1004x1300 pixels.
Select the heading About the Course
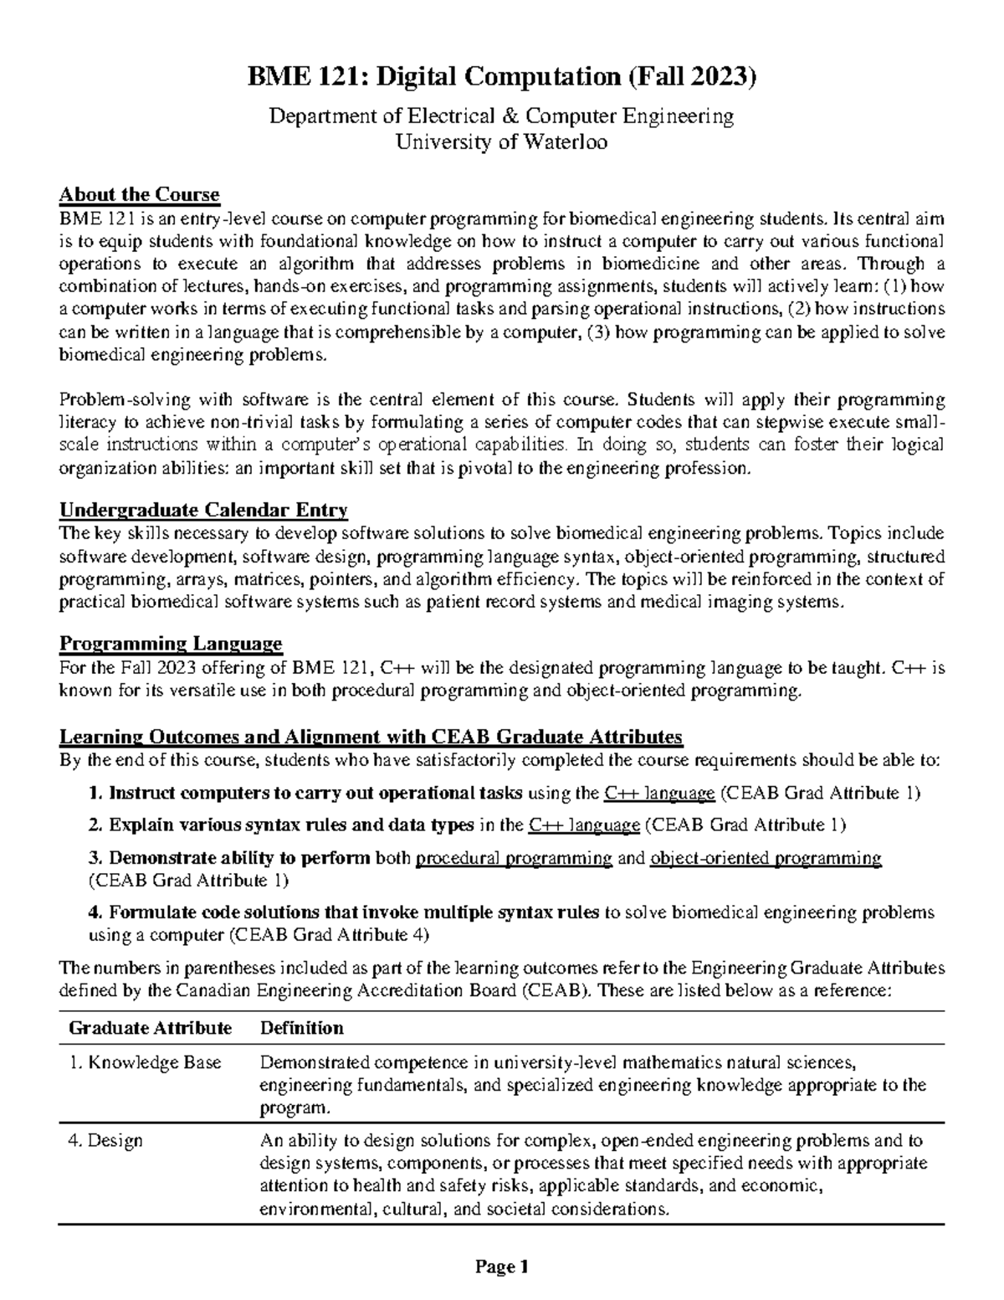pyautogui.click(x=139, y=195)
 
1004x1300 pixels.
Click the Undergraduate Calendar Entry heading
pyautogui.click(x=203, y=510)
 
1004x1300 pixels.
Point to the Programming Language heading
pyautogui.click(x=171, y=644)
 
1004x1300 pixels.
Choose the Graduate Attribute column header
pyautogui.click(x=151, y=1027)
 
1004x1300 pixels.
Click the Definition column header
pyautogui.click(x=302, y=1027)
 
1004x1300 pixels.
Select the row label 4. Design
pyautogui.click(x=106, y=1140)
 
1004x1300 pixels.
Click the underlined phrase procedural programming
pyautogui.click(x=514, y=858)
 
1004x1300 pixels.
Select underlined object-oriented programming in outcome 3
pyautogui.click(x=765, y=858)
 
